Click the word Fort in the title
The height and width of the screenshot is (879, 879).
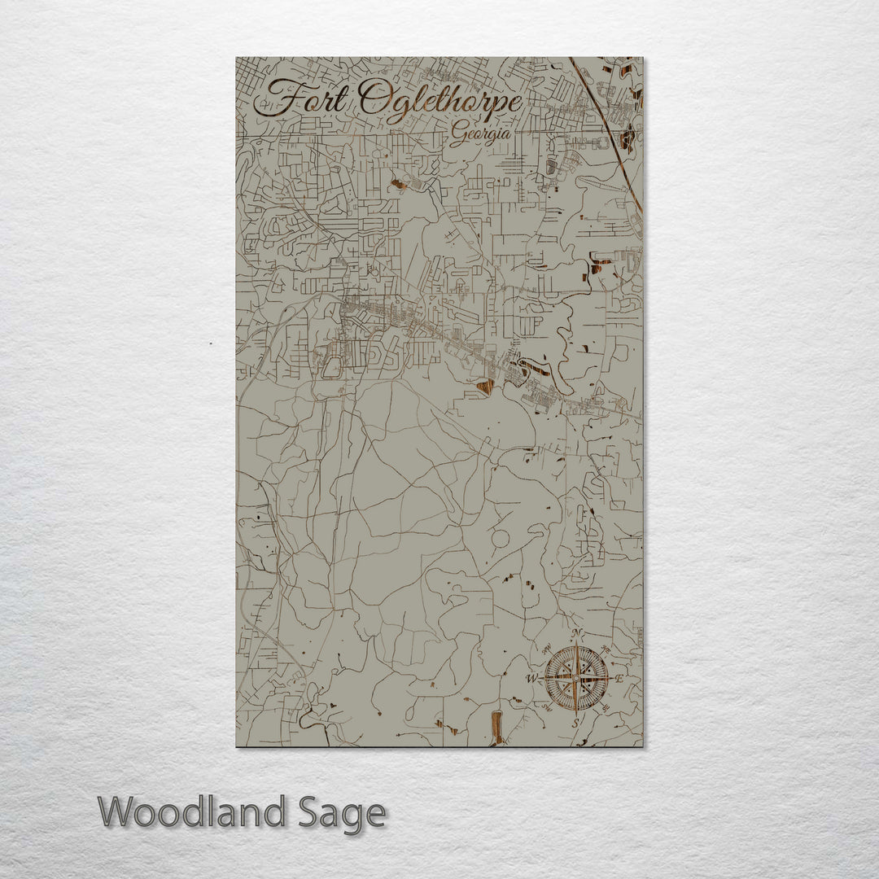point(303,100)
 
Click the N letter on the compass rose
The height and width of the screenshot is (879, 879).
point(576,634)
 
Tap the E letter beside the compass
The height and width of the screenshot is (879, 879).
point(619,678)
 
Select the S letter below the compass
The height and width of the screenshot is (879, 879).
point(575,722)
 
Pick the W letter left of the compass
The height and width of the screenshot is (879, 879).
point(531,678)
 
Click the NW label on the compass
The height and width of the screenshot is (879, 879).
point(545,649)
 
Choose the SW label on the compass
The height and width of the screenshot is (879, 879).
point(545,707)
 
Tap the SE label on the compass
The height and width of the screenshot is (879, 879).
point(606,707)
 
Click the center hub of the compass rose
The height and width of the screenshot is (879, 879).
point(575,677)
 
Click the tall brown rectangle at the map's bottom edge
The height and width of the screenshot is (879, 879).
point(495,727)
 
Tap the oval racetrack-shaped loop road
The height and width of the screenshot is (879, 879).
point(332,366)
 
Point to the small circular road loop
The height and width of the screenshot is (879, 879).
point(501,538)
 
